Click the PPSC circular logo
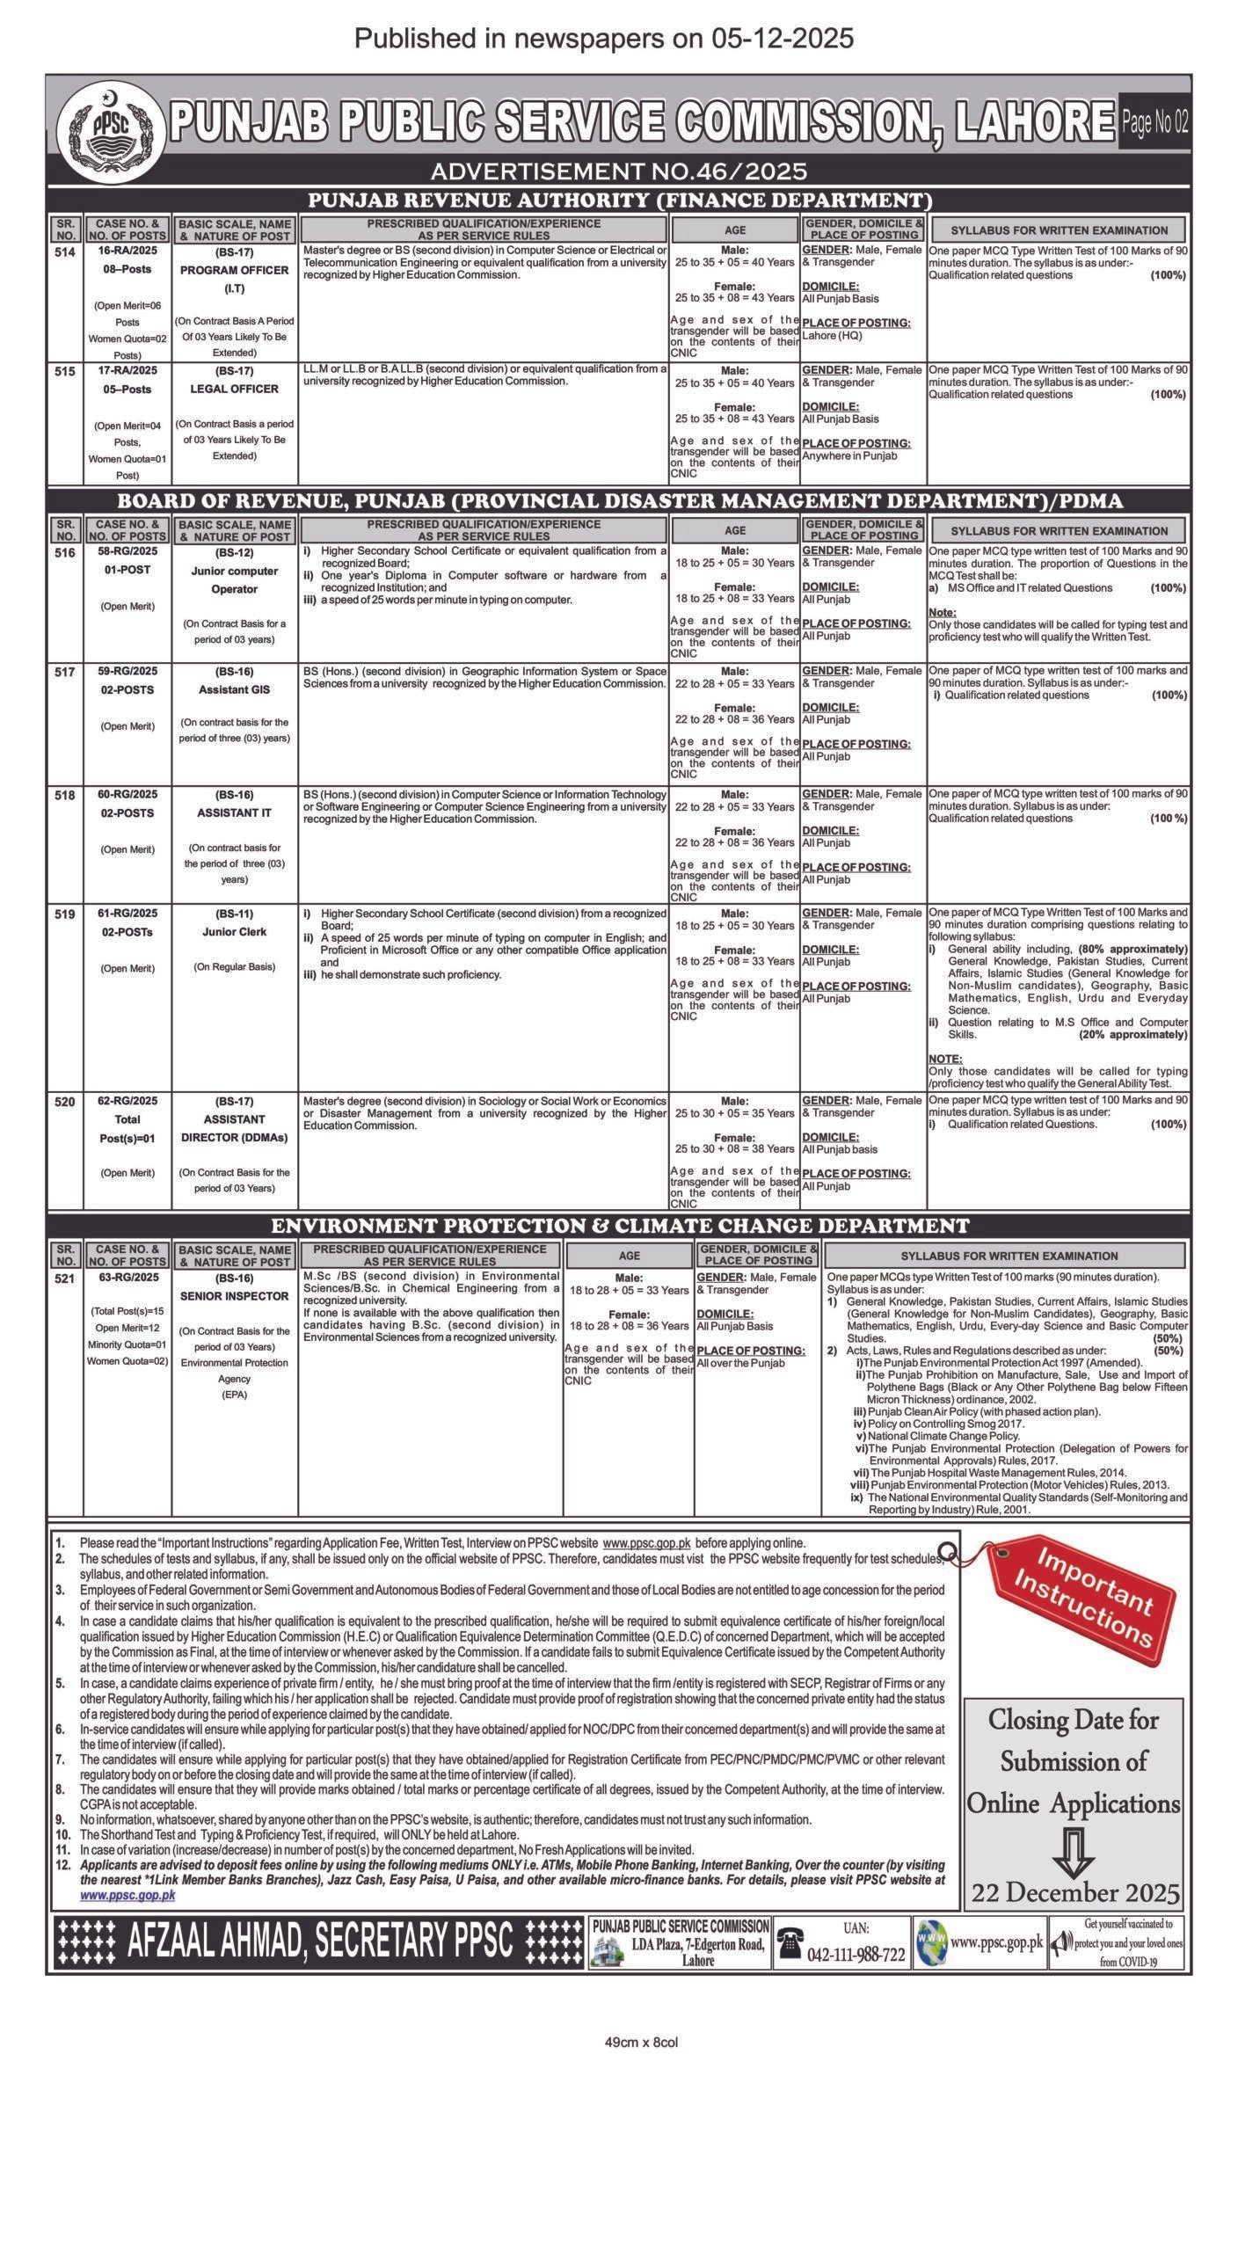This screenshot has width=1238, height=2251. click(x=111, y=128)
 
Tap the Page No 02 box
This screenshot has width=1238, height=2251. click(x=1154, y=123)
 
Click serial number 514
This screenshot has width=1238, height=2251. click(x=65, y=251)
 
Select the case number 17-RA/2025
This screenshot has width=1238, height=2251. click(x=127, y=371)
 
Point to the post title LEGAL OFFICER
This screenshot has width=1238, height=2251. click(x=234, y=389)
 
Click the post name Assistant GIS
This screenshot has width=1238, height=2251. click(x=234, y=689)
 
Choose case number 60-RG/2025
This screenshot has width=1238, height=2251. click(x=127, y=794)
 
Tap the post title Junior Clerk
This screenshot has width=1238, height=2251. click(x=234, y=931)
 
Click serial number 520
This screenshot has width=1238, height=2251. click(x=65, y=1101)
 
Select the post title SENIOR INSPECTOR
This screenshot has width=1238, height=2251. click(x=234, y=1296)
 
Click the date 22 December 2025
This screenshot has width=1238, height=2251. click(x=1075, y=1892)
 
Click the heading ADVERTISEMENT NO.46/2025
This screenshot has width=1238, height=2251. click(x=618, y=171)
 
